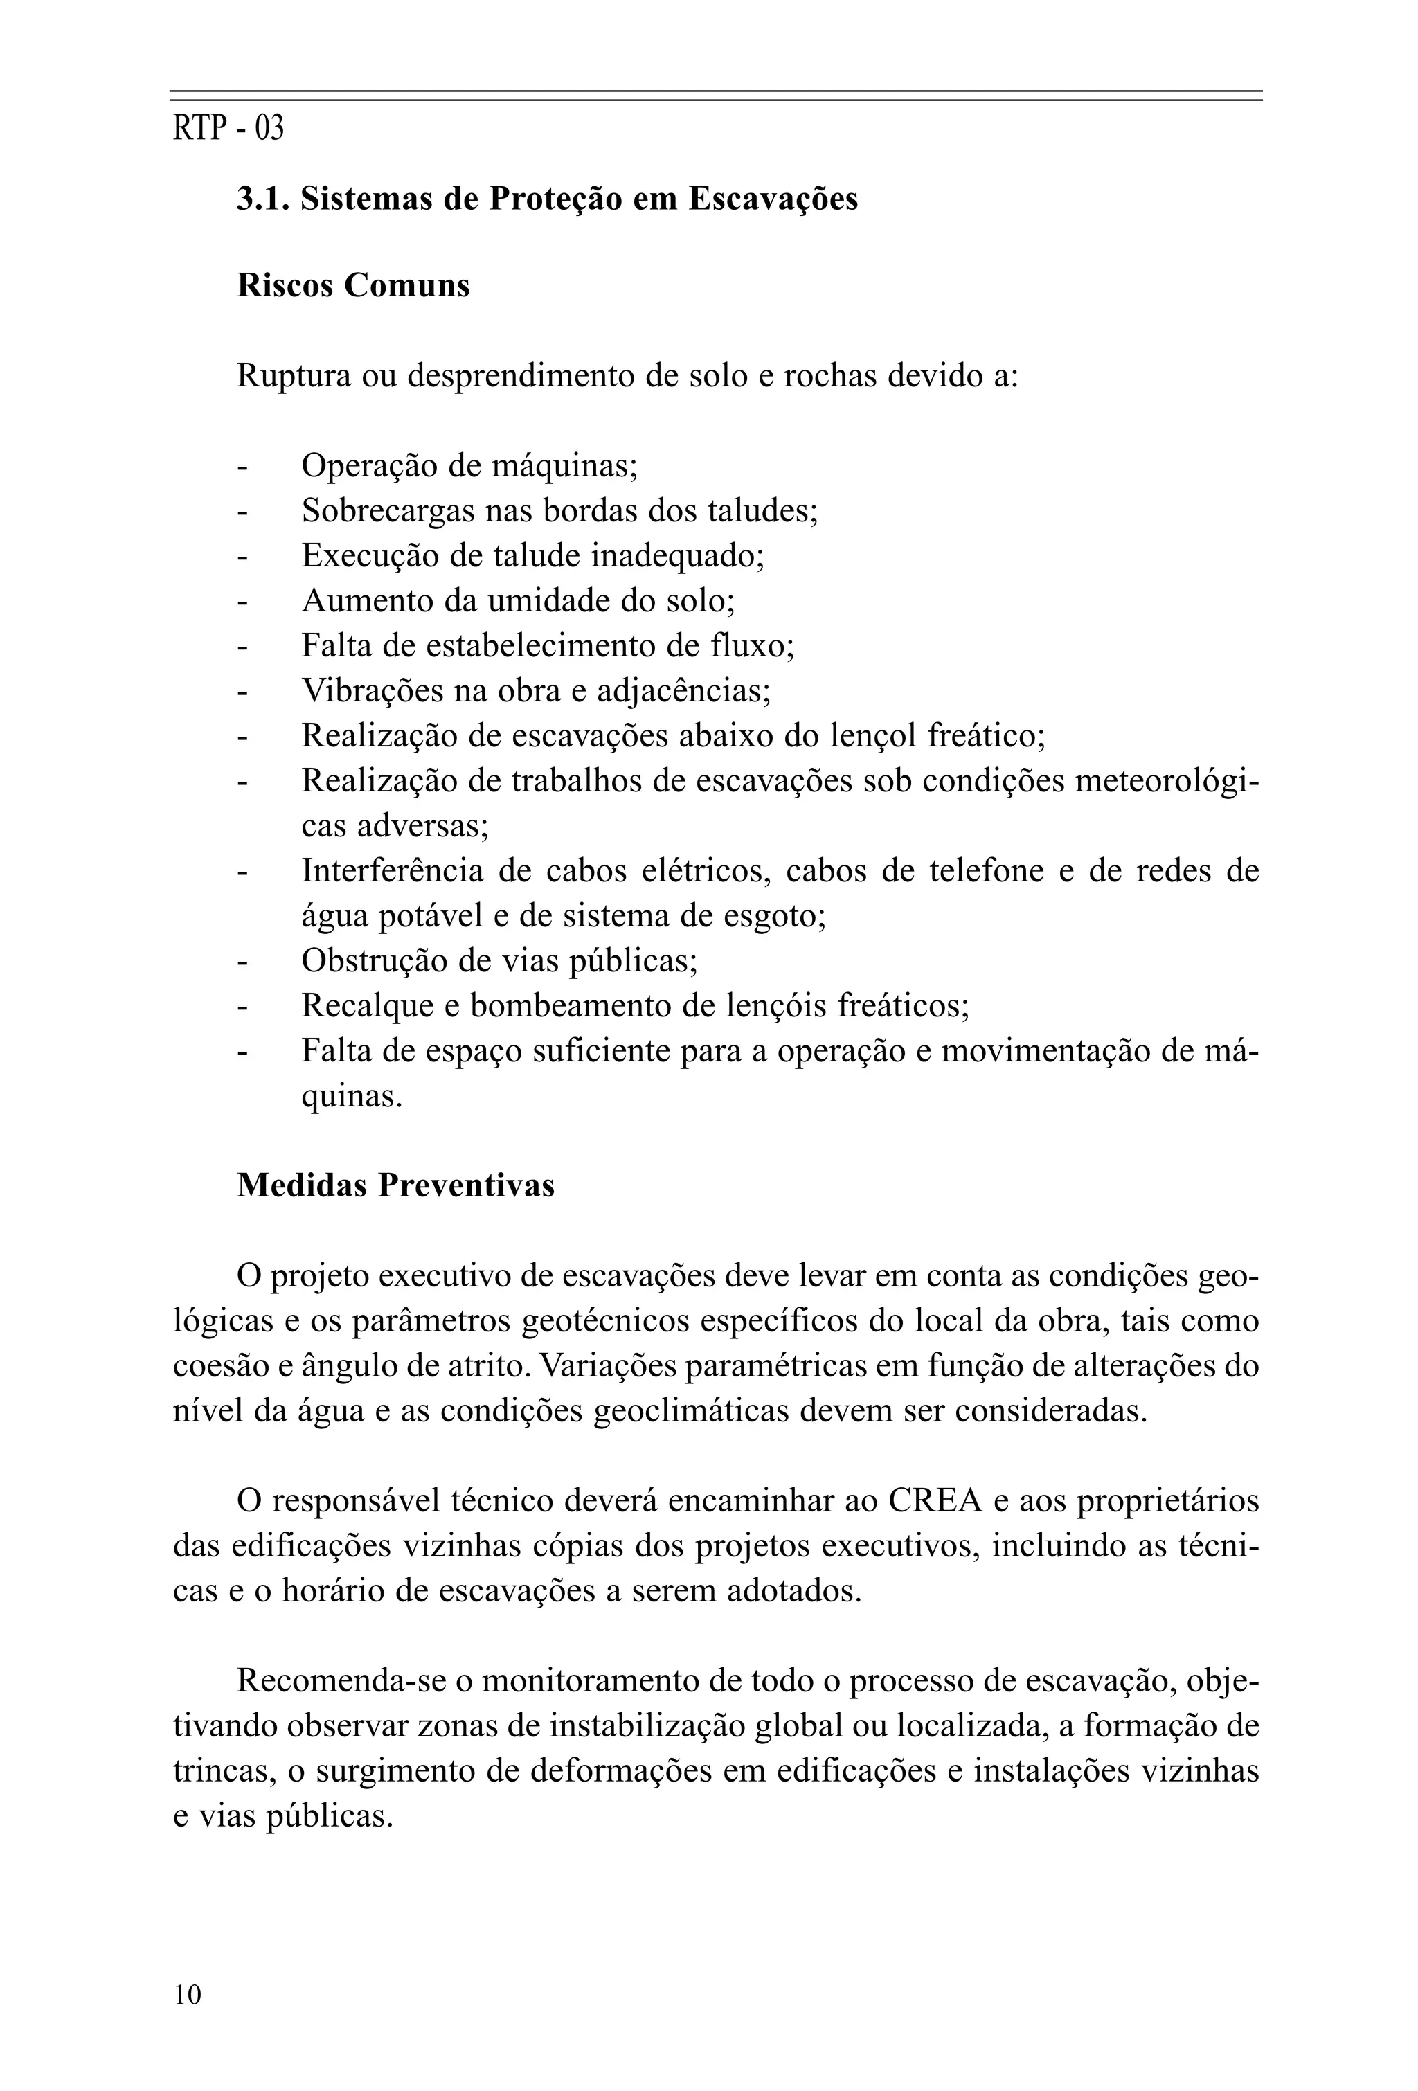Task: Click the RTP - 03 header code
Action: click(228, 129)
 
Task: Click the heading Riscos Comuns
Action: click(352, 285)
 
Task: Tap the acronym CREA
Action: click(935, 1501)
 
